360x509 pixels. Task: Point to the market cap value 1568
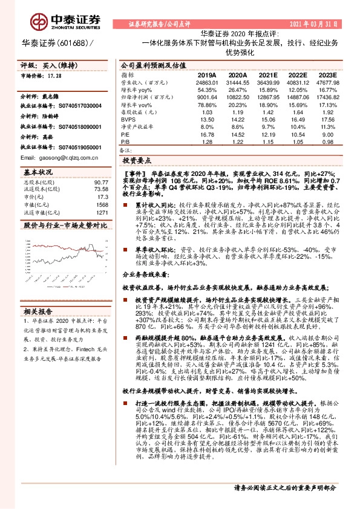click(x=100, y=204)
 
